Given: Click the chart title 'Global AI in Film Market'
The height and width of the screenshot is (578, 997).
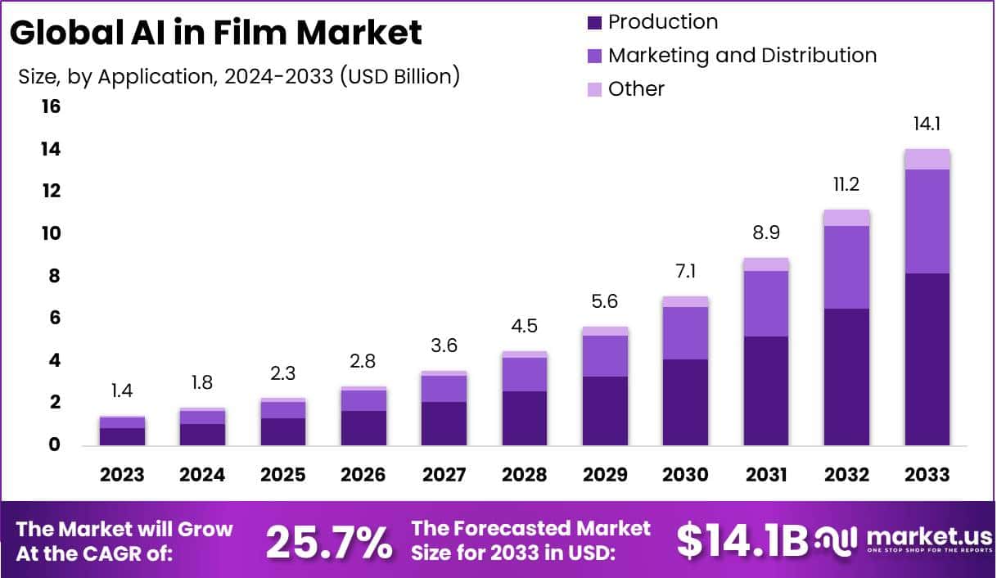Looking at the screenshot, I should click(216, 33).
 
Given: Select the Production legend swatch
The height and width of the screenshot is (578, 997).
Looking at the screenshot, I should click(595, 22).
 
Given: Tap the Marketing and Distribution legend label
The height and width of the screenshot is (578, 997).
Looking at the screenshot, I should click(742, 56).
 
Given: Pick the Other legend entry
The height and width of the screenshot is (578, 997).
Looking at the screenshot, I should click(636, 89).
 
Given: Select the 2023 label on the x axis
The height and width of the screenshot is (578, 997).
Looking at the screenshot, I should click(122, 475).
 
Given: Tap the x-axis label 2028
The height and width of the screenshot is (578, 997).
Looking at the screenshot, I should click(525, 475).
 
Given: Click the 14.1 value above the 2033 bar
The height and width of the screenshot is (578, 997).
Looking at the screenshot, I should click(927, 125).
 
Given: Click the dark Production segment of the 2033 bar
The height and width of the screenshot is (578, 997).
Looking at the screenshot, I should click(927, 359).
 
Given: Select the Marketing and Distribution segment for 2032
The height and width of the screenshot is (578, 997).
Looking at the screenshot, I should click(846, 267).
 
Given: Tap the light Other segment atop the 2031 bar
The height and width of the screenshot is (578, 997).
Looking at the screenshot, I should click(766, 264).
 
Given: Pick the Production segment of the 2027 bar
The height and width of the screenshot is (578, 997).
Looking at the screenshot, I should click(444, 423).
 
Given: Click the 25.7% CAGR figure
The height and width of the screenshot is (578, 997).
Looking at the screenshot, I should click(329, 541).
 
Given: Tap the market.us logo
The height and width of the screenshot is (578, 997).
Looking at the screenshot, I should click(900, 540).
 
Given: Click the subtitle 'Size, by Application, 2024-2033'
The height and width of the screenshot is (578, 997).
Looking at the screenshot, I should click(238, 76).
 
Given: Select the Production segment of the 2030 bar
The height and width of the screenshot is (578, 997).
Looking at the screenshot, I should click(686, 402).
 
